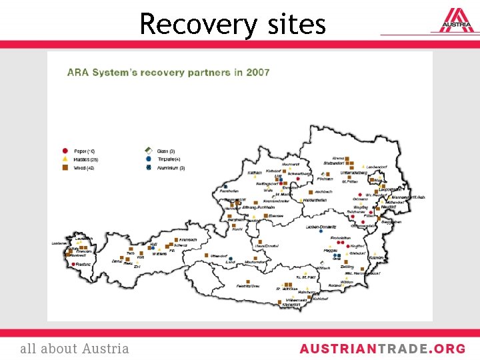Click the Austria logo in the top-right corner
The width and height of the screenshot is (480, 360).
(455, 21)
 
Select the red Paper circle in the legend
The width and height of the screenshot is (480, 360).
(65, 151)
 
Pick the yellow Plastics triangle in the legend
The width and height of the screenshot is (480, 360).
(65, 160)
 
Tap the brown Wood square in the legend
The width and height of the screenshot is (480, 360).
(65, 169)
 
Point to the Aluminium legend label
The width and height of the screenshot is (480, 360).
(171, 169)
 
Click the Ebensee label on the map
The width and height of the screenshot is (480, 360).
(275, 215)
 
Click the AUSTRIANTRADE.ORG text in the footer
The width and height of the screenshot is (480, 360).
(382, 349)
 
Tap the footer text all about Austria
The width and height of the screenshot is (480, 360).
(75, 349)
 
